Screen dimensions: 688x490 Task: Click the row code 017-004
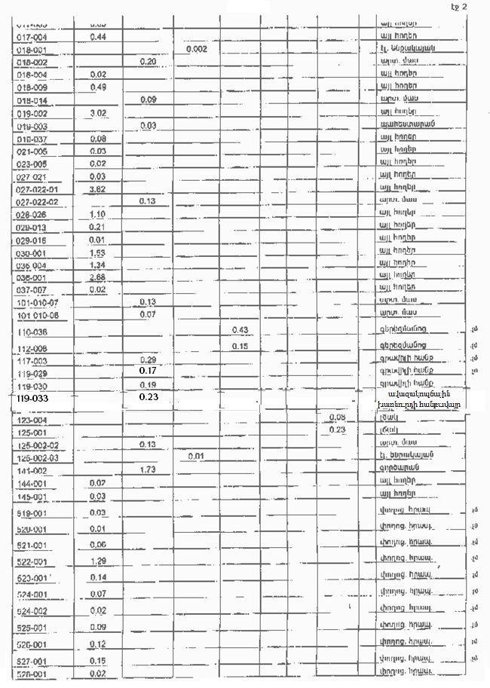pyautogui.click(x=32, y=36)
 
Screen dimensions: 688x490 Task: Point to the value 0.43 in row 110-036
pyautogui.click(x=240, y=330)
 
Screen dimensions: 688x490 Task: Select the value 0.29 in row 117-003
pyautogui.click(x=148, y=360)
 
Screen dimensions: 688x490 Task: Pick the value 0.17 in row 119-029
pyautogui.click(x=148, y=372)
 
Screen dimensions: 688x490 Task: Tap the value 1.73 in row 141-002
pyautogui.click(x=148, y=469)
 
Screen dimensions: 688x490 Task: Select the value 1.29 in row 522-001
pyautogui.click(x=96, y=561)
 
